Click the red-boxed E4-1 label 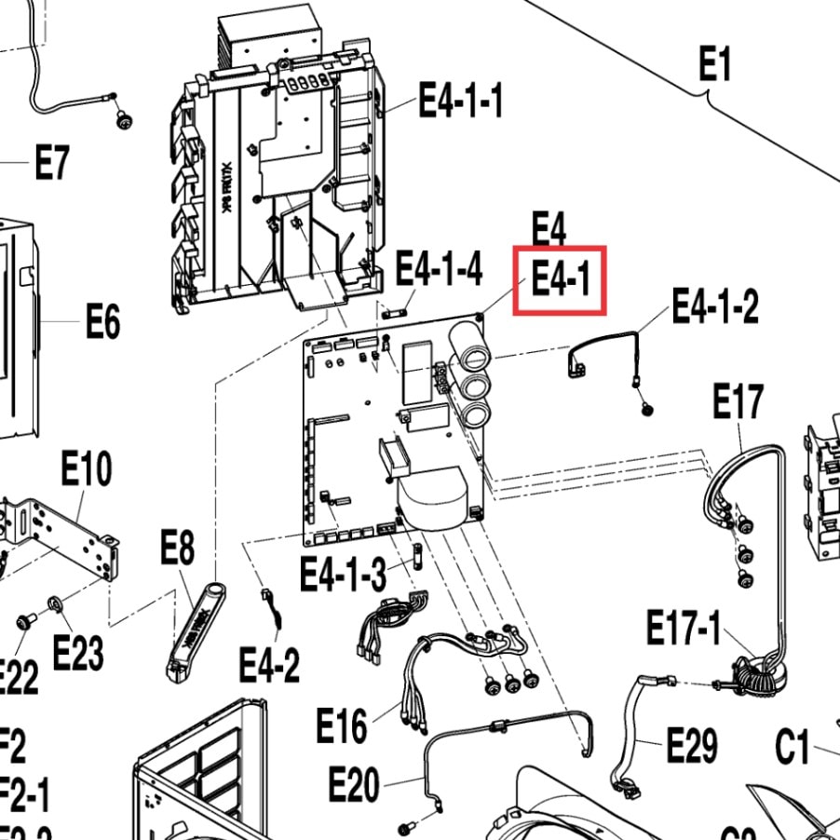pos(561,279)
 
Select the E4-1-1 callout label pos(461,100)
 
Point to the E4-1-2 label pos(715,305)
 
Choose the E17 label pos(738,402)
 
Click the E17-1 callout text pos(684,630)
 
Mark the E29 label pos(692,745)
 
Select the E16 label pos(342,725)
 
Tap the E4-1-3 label pos(343,574)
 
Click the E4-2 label pos(269,665)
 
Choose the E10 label pos(86,468)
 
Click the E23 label pos(77,653)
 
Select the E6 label pos(103,322)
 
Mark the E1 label pos(715,65)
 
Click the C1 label pos(793,747)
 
